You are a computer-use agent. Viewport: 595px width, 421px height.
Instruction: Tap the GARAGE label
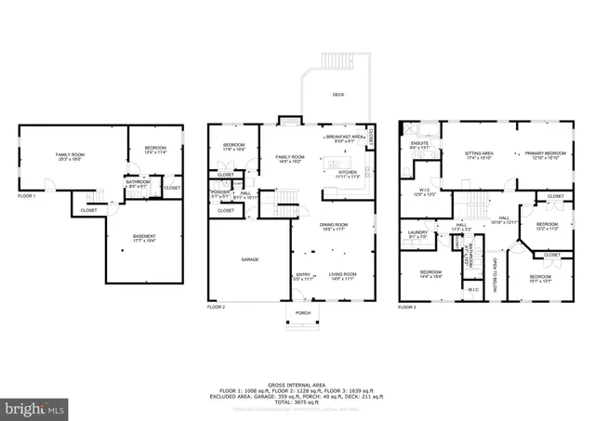(x=249, y=258)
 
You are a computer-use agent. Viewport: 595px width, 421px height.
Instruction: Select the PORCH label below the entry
(x=302, y=313)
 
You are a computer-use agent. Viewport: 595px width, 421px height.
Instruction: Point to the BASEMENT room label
(x=144, y=238)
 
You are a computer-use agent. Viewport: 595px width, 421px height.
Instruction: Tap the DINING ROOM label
(x=334, y=226)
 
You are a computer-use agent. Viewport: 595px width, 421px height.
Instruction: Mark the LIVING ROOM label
(x=341, y=275)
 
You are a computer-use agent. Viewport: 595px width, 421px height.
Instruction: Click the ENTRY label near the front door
(x=304, y=275)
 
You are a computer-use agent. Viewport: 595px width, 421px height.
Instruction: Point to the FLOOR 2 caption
(x=216, y=306)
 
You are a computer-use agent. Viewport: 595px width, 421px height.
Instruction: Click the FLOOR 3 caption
(x=407, y=306)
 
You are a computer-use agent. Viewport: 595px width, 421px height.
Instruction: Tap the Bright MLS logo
(x=35, y=408)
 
